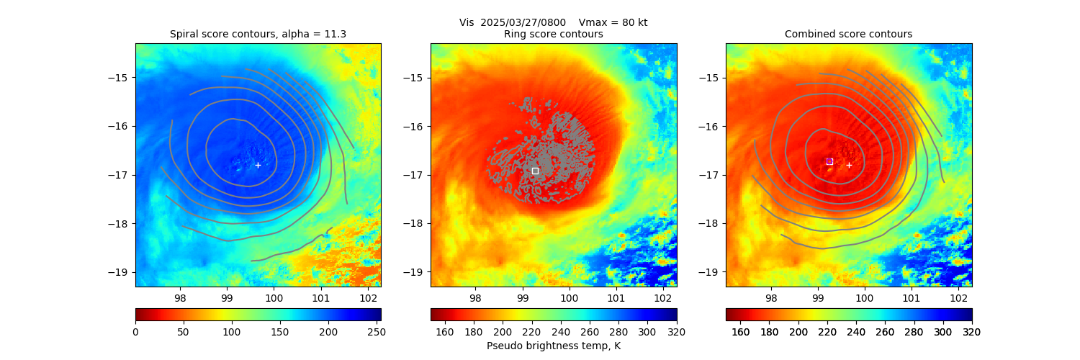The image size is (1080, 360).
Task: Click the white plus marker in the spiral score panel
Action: [258, 165]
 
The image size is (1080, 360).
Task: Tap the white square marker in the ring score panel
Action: [535, 171]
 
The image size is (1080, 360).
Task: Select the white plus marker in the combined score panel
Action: [849, 165]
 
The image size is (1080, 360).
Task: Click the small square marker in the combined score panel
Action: [829, 161]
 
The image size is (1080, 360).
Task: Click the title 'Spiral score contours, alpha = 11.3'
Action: [258, 34]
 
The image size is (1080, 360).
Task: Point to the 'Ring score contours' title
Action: [554, 34]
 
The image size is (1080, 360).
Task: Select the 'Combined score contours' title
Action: [848, 34]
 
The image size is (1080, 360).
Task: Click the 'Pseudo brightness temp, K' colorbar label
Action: [554, 346]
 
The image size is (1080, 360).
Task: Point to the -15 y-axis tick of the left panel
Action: [120, 78]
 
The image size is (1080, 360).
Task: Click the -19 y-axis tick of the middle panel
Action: [415, 272]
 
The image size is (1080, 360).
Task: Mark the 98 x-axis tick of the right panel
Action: [770, 298]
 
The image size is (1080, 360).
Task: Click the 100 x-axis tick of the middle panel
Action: [569, 298]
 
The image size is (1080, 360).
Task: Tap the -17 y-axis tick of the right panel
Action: [711, 175]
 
